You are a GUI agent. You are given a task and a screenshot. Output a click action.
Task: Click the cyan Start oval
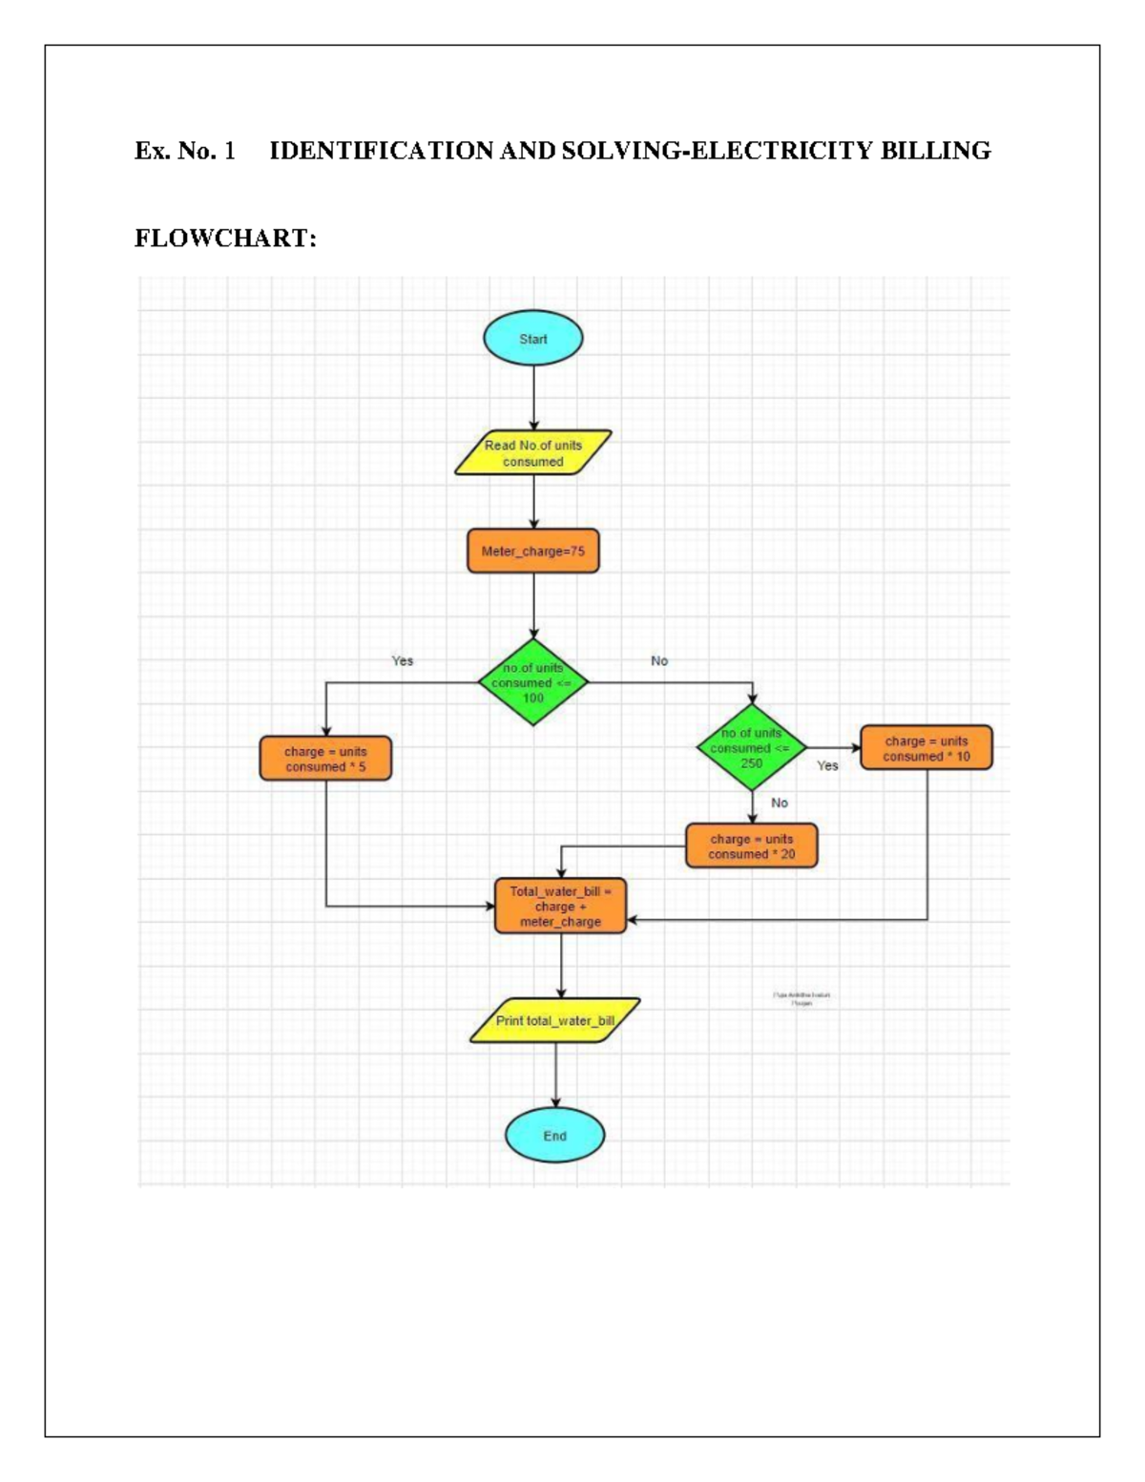[532, 339]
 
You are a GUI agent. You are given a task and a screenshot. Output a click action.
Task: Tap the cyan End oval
[554, 1136]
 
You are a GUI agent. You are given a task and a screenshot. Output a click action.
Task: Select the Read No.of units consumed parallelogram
[532, 453]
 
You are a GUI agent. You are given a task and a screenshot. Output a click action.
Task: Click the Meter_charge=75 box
[532, 552]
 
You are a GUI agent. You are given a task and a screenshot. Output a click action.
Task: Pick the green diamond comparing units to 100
[532, 683]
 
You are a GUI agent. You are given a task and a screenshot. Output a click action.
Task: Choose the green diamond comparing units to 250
[751, 748]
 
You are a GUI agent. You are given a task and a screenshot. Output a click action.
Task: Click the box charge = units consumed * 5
[325, 759]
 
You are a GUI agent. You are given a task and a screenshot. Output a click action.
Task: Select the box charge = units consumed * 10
[926, 748]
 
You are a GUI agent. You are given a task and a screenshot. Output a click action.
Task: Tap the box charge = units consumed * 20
[751, 846]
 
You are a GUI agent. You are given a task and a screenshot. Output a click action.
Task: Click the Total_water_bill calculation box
[560, 907]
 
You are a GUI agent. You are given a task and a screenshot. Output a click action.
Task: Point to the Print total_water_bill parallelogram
[554, 1021]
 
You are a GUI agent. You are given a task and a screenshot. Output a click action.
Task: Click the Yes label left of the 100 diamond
[403, 660]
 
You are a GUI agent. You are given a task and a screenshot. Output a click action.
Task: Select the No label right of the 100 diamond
[659, 660]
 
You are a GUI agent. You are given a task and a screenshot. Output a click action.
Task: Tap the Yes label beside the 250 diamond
[827, 765]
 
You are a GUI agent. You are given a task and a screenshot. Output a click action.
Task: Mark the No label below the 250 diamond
[780, 803]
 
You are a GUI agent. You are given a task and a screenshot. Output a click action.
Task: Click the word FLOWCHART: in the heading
[225, 238]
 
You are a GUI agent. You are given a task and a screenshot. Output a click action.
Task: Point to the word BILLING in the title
[935, 151]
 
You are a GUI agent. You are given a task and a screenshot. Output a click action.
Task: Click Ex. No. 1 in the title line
[184, 151]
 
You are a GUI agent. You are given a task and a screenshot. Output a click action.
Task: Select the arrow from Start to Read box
[533, 398]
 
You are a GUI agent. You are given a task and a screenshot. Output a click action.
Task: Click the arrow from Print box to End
[555, 1075]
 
